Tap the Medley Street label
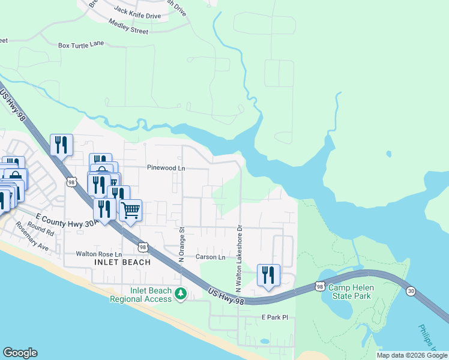tap(128, 26)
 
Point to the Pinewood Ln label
tap(166, 169)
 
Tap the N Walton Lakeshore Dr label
tap(238, 259)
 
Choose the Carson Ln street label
tap(210, 257)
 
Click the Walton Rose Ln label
tap(99, 254)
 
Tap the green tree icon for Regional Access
tap(181, 294)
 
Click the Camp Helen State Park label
tap(351, 292)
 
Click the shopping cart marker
tap(130, 211)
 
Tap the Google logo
tap(20, 353)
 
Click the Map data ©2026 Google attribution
tap(411, 355)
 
